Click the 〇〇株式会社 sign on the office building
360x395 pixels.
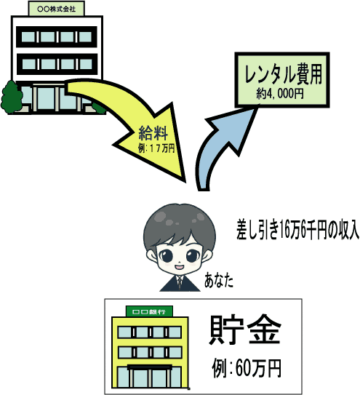click(57, 9)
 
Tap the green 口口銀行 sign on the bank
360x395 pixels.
click(149, 311)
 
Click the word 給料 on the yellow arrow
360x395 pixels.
click(153, 133)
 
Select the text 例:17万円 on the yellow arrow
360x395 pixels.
click(156, 148)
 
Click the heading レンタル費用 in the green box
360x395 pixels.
click(284, 74)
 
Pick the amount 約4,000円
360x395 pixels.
click(280, 93)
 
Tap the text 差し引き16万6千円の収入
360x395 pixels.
click(297, 229)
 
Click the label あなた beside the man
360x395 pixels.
click(218, 281)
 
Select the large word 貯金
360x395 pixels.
click(245, 330)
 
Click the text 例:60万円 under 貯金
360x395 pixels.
click(247, 369)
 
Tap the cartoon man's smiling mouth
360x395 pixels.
click(180, 267)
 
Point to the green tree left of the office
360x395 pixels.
click(11, 97)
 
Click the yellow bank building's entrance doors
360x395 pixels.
click(150, 376)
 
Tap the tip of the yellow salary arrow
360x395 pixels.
click(185, 182)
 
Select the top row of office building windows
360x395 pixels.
click(57, 37)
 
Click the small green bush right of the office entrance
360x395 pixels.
click(100, 108)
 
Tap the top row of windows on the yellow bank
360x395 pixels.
click(150, 332)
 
